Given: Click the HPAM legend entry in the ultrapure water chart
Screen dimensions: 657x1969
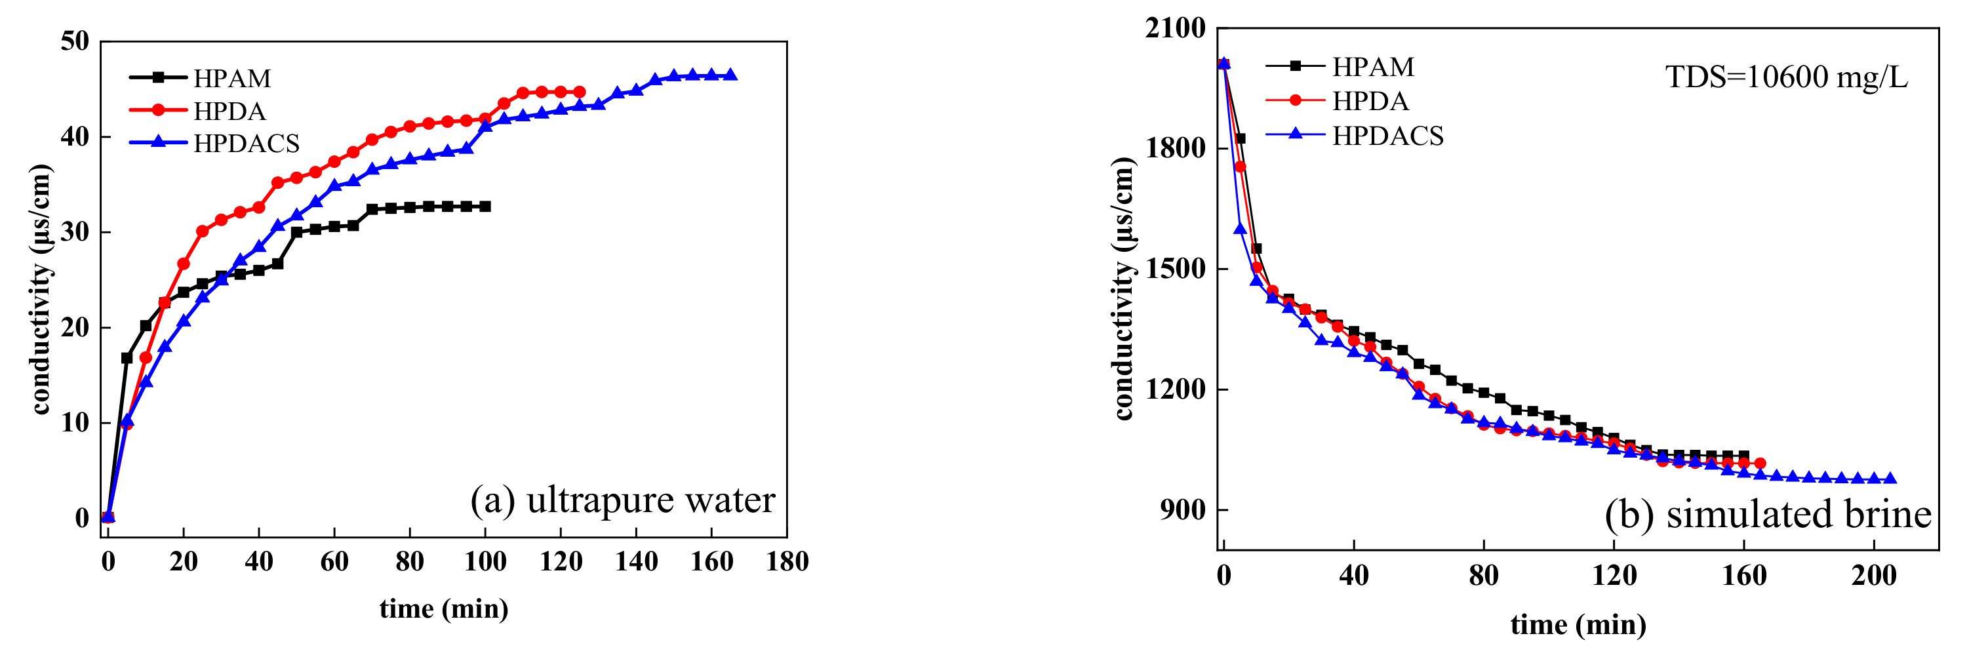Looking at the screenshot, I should pos(231,78).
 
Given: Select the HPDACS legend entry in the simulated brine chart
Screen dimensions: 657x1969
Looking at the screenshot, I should pos(1387,135).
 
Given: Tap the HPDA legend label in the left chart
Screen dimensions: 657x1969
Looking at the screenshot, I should pos(229,111).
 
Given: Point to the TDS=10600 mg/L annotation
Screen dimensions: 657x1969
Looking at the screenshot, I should pos(1786,77).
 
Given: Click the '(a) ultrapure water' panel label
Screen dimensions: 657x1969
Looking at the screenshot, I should pos(622,500).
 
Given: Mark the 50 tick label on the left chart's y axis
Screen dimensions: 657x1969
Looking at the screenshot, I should pos(75,41).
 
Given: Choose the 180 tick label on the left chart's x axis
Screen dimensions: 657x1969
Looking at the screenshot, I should pos(787,563).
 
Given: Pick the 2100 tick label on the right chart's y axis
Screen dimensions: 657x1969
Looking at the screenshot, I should pos(1175,28).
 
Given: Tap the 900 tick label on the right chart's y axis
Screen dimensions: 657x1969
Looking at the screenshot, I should pos(1182,509).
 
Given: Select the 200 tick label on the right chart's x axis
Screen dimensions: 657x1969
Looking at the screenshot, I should pos(1873,574).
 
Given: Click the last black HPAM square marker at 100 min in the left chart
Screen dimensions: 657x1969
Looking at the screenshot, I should pos(485,207).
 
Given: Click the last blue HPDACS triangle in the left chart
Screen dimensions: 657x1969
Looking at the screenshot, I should pos(730,75).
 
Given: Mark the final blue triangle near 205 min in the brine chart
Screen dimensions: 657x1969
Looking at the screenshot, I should pos(1890,478).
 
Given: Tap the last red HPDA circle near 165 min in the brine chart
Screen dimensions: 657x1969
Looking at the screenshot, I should pos(1760,463).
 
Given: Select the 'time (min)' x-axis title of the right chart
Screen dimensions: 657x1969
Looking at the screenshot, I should pos(1578,624).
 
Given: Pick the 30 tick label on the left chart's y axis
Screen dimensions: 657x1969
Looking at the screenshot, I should pos(75,231).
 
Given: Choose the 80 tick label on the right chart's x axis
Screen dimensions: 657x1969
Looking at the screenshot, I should pos(1484,574).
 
